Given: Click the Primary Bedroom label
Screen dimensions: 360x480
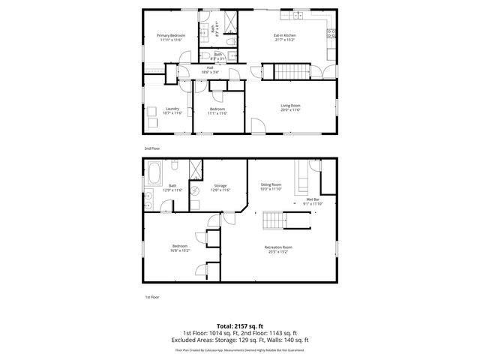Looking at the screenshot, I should pyautogui.click(x=171, y=35).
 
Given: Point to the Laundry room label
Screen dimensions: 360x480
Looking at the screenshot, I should pyautogui.click(x=172, y=109).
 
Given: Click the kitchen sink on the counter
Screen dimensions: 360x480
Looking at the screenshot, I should pyautogui.click(x=298, y=15).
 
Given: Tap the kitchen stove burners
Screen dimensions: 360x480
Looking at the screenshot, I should pyautogui.click(x=330, y=31).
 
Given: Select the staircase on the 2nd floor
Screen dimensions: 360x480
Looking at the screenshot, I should pyautogui.click(x=290, y=72).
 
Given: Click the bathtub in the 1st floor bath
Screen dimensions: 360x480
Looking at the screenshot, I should pyautogui.click(x=154, y=174).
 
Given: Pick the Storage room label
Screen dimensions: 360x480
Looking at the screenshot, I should pyautogui.click(x=220, y=185).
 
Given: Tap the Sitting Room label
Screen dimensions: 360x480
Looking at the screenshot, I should pyautogui.click(x=271, y=184).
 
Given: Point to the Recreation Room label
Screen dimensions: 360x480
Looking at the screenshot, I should pyautogui.click(x=278, y=247).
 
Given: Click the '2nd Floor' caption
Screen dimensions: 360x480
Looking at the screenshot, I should pyautogui.click(x=152, y=148).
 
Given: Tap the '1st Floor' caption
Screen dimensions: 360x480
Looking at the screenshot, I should pyautogui.click(x=151, y=297).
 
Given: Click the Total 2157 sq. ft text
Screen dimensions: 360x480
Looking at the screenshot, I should pyautogui.click(x=240, y=326).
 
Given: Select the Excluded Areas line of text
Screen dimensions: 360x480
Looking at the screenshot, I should pyautogui.click(x=240, y=340).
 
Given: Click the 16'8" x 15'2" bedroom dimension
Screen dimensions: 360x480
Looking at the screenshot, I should pyautogui.click(x=181, y=250).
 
